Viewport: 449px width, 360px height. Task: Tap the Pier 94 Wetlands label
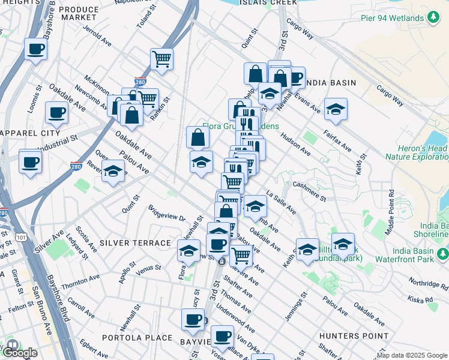pyautogui.click(x=393, y=17)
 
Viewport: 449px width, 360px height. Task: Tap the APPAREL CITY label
pyautogui.click(x=30, y=133)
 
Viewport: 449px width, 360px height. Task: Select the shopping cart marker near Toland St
pyautogui.click(x=161, y=59)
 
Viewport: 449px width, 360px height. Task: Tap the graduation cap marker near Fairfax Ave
pyautogui.click(x=336, y=109)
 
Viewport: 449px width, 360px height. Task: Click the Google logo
pyautogui.click(x=20, y=352)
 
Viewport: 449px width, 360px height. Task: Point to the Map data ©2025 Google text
pyautogui.click(x=412, y=355)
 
